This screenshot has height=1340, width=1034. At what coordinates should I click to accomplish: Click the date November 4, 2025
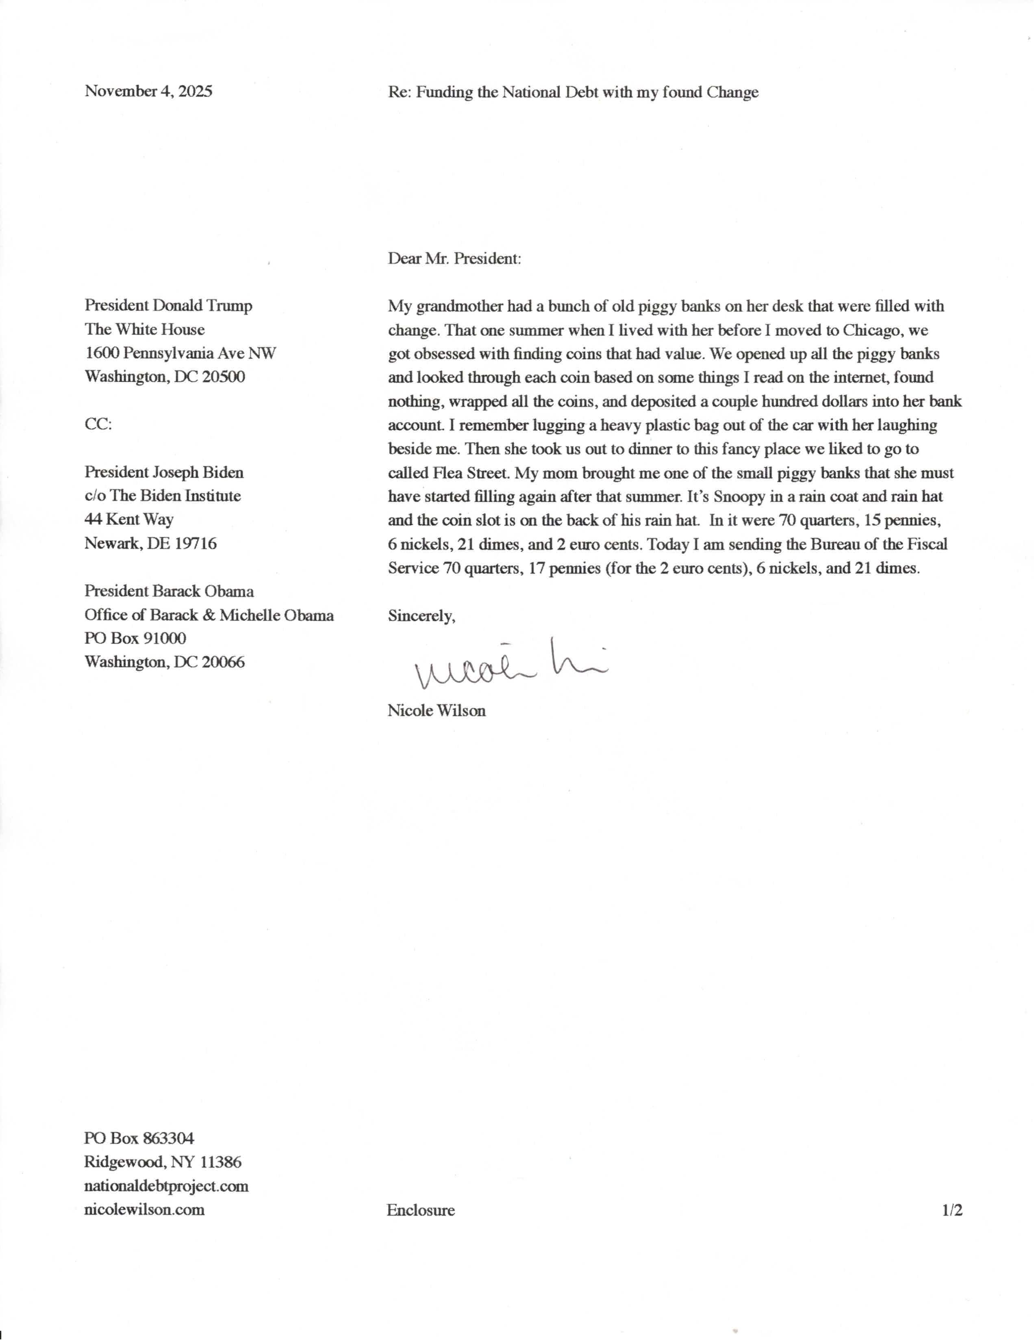tap(148, 91)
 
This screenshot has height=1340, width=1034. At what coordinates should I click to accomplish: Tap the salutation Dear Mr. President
tap(454, 258)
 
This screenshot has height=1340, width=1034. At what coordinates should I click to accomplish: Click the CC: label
tap(98, 424)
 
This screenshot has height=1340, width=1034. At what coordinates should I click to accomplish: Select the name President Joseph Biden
tap(164, 472)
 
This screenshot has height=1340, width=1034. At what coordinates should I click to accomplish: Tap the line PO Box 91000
tap(135, 638)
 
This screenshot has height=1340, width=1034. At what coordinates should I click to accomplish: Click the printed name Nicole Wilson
tap(436, 711)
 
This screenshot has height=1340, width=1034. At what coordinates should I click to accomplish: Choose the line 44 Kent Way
tap(129, 519)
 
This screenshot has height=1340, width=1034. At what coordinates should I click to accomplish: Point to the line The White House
tap(144, 329)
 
